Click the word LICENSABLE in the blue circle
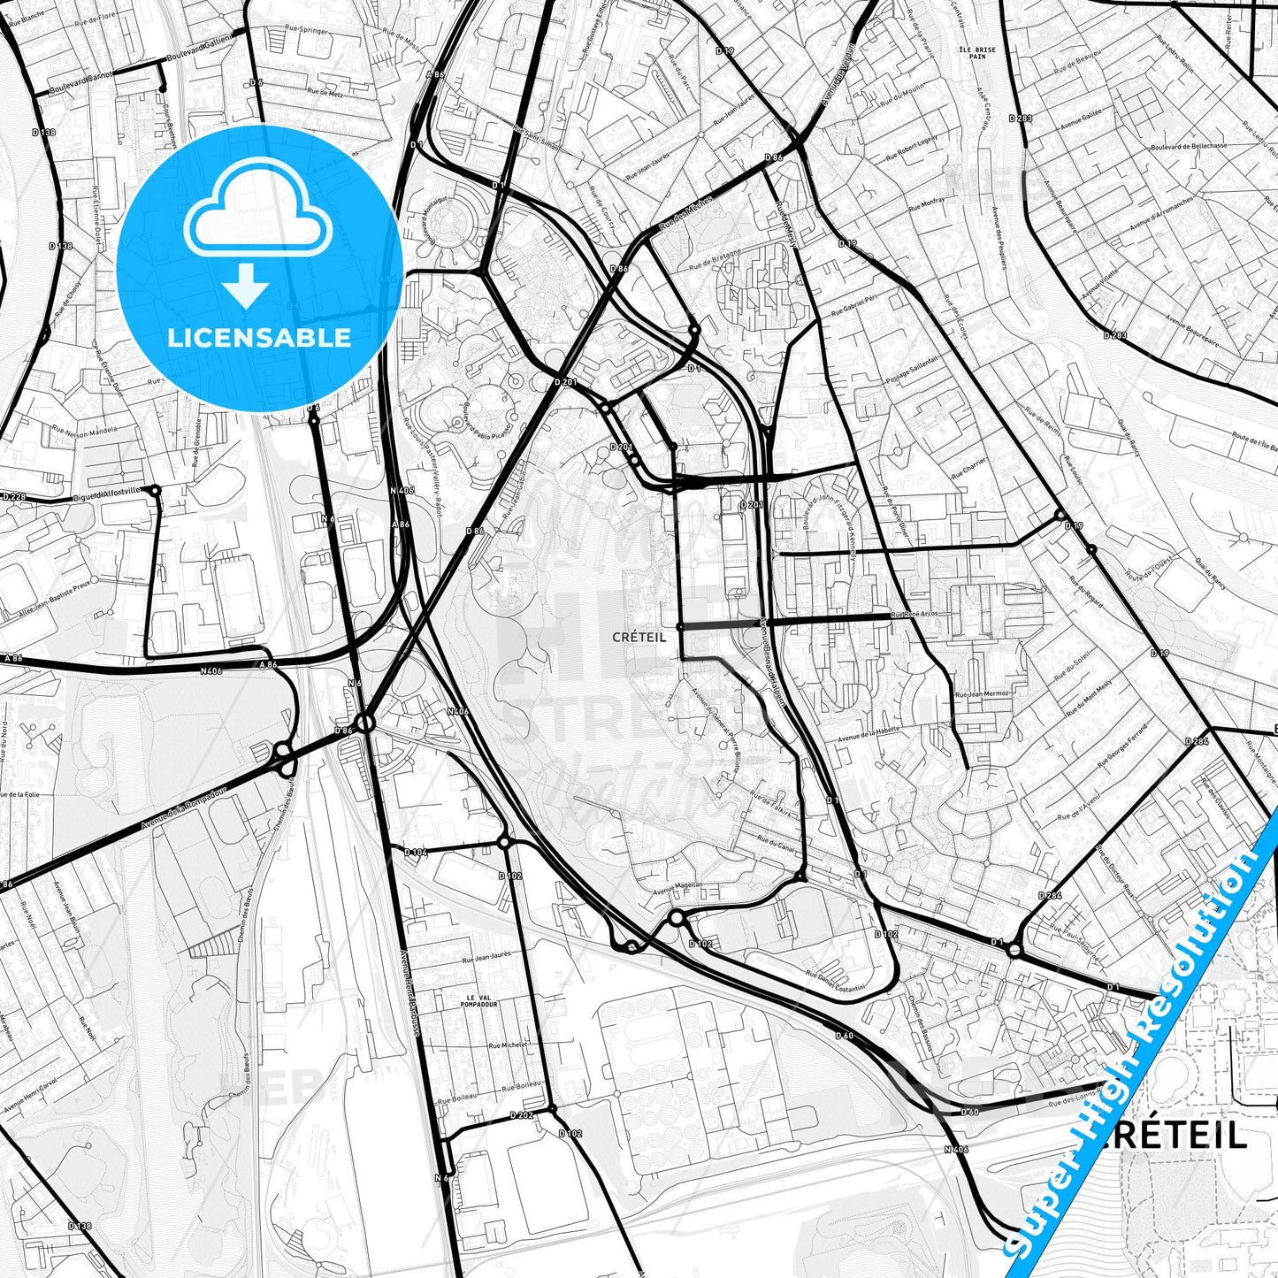[259, 338]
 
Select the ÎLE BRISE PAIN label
[976, 53]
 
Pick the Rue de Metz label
[325, 91]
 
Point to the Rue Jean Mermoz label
[982, 694]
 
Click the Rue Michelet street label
[508, 1045]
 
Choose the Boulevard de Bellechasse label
[1189, 146]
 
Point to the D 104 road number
[415, 852]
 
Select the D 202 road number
[522, 1115]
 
